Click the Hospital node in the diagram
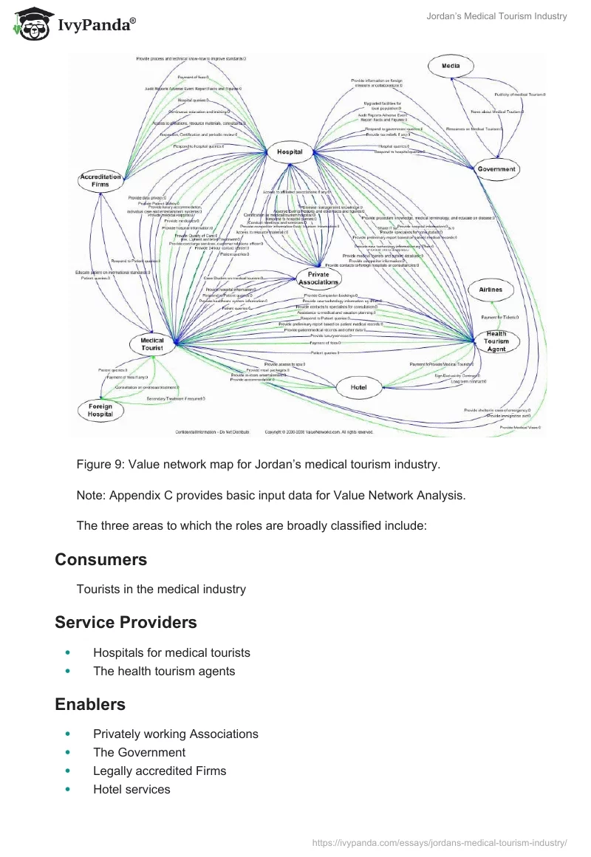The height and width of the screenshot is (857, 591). [x=290, y=151]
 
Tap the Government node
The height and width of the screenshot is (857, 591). [x=496, y=168]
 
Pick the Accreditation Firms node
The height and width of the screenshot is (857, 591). [x=100, y=181]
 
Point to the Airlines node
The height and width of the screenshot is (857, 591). [x=491, y=290]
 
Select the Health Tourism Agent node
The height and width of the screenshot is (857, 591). [x=496, y=341]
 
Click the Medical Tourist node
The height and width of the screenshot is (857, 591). [x=152, y=344]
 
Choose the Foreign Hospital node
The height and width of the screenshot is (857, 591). [x=100, y=410]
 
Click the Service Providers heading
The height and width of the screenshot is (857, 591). [x=126, y=622]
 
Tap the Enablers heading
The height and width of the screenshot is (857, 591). [x=90, y=704]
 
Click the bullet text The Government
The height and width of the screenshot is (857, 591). [x=139, y=752]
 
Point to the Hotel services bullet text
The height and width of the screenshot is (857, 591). [x=131, y=789]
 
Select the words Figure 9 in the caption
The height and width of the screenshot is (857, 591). [x=100, y=465]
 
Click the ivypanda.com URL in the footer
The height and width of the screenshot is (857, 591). [x=440, y=841]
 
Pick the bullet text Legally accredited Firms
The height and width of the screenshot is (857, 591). [x=160, y=771]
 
